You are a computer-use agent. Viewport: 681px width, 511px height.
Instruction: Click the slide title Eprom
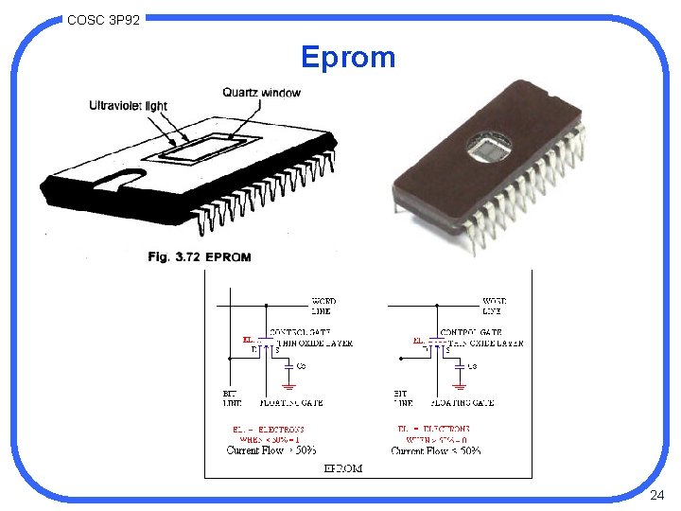pos(348,58)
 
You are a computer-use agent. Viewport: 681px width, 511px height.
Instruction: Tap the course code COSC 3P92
pos(104,19)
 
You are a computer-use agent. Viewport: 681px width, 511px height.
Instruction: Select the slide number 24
pos(658,496)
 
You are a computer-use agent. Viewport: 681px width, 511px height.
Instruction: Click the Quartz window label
pos(262,92)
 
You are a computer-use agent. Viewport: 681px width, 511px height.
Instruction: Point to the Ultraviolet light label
pos(128,105)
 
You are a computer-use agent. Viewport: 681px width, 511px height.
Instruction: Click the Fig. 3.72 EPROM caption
pos(200,256)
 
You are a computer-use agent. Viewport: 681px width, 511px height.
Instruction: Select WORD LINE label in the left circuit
pos(323,306)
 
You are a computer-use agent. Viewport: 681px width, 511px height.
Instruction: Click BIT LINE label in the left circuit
pos(231,397)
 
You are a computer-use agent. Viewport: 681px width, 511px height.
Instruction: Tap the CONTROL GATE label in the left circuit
pos(300,332)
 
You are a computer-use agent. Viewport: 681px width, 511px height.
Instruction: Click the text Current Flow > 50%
pos(271,450)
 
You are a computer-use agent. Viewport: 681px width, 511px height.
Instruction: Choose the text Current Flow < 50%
pos(436,450)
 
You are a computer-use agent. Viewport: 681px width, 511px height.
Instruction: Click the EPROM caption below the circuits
pos(343,468)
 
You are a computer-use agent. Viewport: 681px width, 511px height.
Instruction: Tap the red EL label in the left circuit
pos(248,339)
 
